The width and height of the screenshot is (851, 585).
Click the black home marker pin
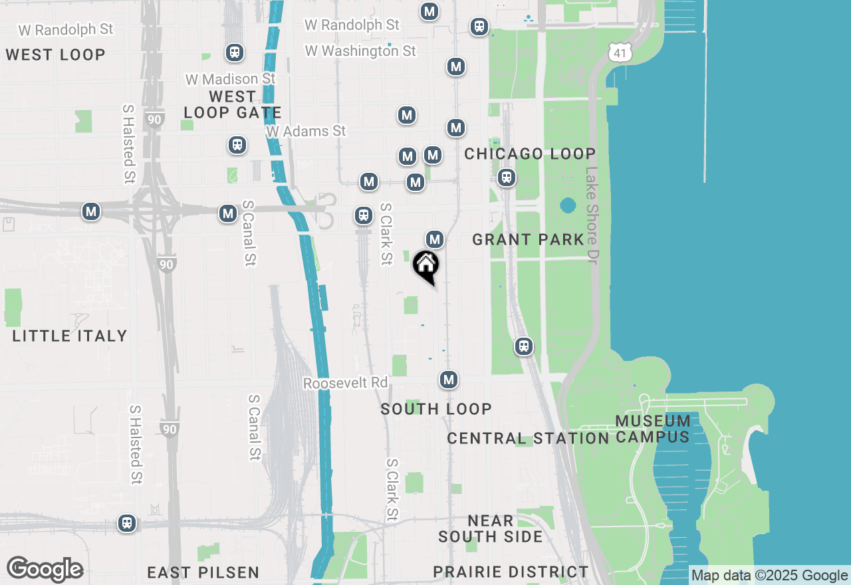425,267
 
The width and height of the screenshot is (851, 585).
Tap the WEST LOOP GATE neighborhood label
232,105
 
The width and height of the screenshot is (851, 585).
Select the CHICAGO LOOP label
530,154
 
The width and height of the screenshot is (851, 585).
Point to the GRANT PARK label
528,239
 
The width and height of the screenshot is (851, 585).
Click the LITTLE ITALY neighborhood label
70,336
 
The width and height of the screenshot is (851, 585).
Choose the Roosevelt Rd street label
345,384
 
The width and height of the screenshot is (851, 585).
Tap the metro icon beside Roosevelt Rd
449,380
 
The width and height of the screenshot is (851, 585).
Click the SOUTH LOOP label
436,409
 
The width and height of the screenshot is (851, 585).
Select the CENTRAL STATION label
528,439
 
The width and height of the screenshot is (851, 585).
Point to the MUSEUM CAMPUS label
653,429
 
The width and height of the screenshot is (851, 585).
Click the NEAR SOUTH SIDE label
491,528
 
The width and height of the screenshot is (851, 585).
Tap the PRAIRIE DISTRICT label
511,572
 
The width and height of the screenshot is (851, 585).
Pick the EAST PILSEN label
203,572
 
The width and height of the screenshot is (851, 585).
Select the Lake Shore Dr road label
592,215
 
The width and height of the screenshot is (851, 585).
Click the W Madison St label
230,79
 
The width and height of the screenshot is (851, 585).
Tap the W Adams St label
306,131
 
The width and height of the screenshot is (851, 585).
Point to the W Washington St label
360,51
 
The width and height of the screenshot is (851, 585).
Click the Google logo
45,569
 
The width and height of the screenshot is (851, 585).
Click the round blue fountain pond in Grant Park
568,205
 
